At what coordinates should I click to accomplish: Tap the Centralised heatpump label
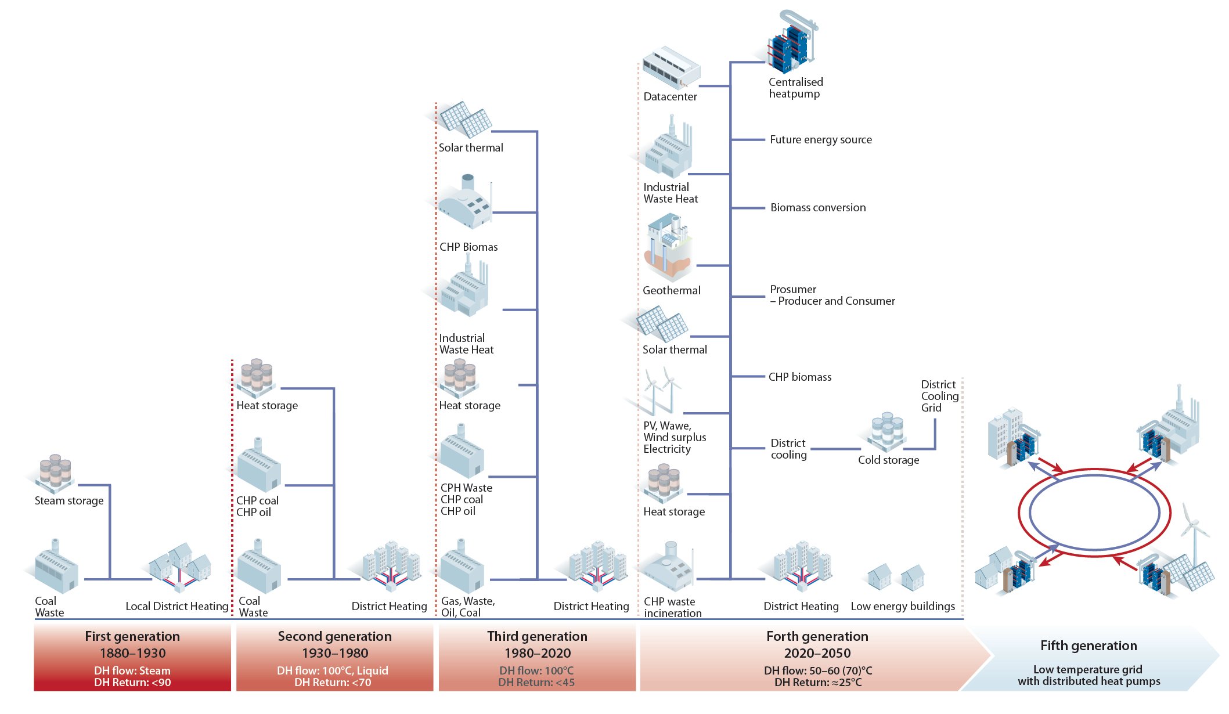(795, 88)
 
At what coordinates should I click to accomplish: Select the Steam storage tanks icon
(55, 471)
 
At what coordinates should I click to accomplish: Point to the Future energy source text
(820, 140)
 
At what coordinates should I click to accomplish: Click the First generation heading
(132, 636)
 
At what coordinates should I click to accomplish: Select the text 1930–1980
(335, 653)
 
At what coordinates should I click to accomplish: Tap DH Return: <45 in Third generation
(536, 683)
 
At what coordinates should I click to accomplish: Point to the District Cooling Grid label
(939, 396)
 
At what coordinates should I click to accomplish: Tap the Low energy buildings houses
(896, 578)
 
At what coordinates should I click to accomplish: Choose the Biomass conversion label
(817, 208)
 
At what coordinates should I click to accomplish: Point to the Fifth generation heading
(1088, 646)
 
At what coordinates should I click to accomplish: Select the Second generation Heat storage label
(267, 406)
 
